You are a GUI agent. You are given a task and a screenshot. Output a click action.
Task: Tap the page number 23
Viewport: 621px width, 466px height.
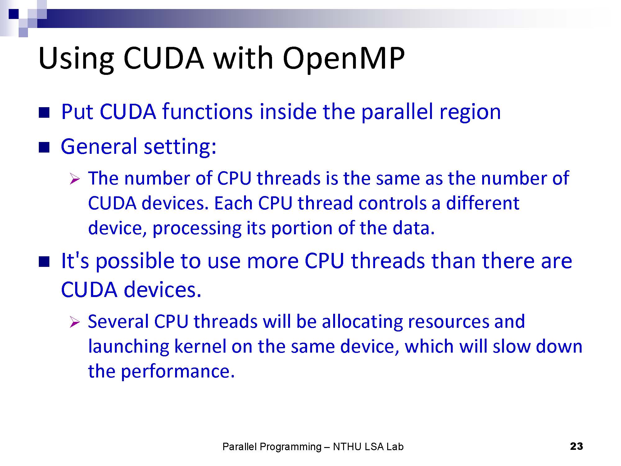[x=577, y=446]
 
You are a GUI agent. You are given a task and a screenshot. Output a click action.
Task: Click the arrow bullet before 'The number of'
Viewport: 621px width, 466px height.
[x=75, y=179]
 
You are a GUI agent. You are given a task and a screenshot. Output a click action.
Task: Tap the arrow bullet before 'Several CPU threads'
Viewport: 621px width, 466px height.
[x=75, y=322]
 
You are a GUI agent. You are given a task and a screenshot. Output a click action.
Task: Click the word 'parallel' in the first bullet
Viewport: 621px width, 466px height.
[x=397, y=112]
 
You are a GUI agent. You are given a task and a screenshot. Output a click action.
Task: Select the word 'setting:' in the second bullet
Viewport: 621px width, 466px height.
[x=180, y=147]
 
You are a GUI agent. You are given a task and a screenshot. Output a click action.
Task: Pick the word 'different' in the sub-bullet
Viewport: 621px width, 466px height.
[x=483, y=203]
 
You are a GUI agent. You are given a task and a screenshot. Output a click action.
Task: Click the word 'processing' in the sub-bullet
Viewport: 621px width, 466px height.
[x=197, y=229]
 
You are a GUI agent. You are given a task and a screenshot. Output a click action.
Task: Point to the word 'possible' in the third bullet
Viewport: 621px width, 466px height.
[x=135, y=261]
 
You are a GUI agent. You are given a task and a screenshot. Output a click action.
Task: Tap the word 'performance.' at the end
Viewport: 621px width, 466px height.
[x=177, y=372]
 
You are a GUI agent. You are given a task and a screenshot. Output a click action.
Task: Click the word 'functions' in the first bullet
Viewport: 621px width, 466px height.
[x=207, y=112]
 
